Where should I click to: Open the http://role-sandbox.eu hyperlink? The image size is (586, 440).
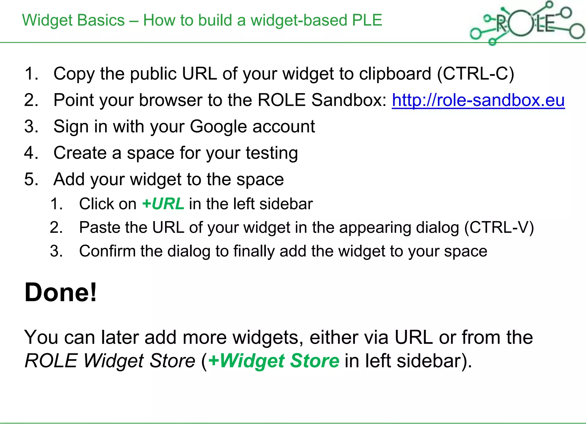(x=478, y=100)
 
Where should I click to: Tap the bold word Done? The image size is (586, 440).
(x=61, y=292)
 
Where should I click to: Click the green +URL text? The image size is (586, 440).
(x=163, y=204)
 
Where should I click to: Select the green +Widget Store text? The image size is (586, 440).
(x=274, y=361)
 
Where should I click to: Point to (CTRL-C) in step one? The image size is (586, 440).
(x=475, y=74)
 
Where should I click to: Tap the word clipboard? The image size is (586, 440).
(x=395, y=74)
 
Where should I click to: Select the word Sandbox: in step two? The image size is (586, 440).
(x=349, y=100)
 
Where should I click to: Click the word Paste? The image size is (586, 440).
(x=99, y=228)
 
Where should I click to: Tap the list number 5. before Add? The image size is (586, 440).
(x=31, y=180)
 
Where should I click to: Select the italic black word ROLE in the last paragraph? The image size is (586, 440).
(x=51, y=361)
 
